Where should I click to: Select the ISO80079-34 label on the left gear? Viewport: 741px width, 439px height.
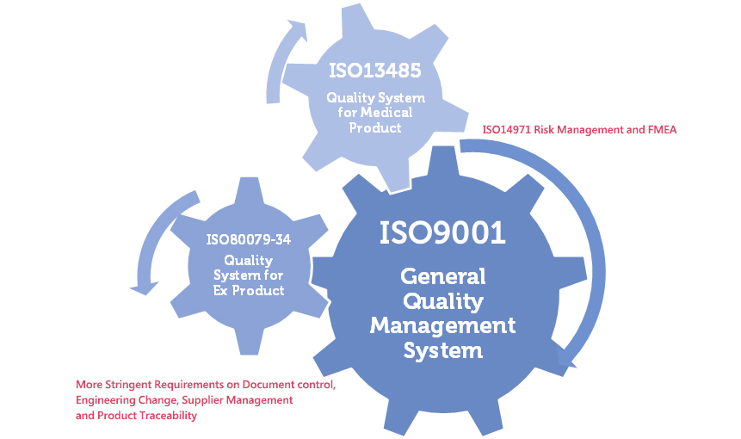coord(248,239)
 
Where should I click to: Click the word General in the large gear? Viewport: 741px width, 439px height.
coord(442,277)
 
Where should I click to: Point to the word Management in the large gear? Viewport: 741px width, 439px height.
coord(442,325)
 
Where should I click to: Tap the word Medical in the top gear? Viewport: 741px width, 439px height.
coord(386,113)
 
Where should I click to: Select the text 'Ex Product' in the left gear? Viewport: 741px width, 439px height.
coord(248,290)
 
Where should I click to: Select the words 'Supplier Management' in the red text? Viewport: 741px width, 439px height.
coord(236,400)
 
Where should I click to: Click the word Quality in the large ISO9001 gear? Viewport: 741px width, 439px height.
coord(442,301)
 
